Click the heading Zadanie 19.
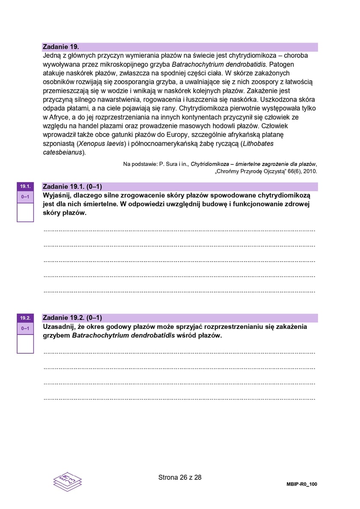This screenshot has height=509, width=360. (x=61, y=47)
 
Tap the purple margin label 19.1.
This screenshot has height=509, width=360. (x=25, y=187)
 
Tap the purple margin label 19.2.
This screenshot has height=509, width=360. (x=25, y=318)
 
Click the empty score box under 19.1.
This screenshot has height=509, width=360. (x=25, y=212)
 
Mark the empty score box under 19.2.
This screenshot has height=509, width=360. (x=25, y=343)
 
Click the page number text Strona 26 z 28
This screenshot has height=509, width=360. (x=180, y=477)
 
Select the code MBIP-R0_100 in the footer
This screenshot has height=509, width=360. (x=302, y=484)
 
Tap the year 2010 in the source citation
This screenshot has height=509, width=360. (x=310, y=171)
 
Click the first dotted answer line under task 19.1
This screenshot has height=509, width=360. (x=180, y=231)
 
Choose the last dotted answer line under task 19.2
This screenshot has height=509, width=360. (x=180, y=399)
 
